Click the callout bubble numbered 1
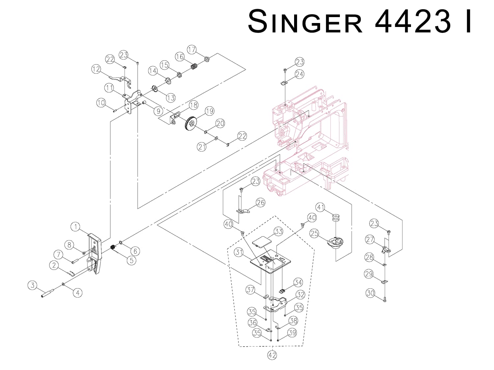[x=76, y=227]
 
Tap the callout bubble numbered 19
[x=209, y=111]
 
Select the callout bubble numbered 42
[x=272, y=355]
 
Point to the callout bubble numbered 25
[x=315, y=233]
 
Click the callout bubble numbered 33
[x=279, y=231]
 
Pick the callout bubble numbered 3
[x=32, y=285]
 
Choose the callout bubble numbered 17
[x=192, y=50]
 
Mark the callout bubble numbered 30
[x=370, y=293]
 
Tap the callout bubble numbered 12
[x=96, y=69]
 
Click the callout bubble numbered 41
[x=320, y=207]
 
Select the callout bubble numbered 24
[x=299, y=74]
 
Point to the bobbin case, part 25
[x=334, y=244]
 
